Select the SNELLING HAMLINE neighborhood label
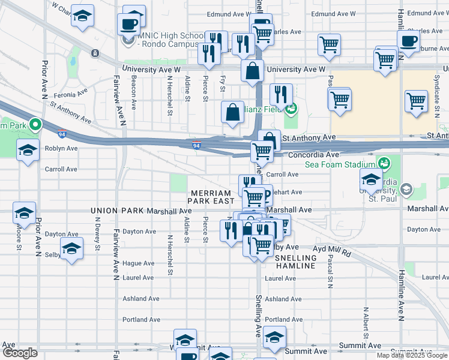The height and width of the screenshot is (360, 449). [x=295, y=261]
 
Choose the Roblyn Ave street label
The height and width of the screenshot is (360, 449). [x=61, y=148]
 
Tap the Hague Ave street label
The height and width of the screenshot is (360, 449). [x=138, y=263]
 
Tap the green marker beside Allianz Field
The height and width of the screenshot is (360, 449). [x=291, y=109]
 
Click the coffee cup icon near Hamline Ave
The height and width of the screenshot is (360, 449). [x=409, y=42]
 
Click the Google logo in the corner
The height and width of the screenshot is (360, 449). [x=20, y=353]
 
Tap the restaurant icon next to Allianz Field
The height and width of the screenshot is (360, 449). [x=280, y=94]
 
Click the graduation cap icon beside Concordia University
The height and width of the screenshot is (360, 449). [x=371, y=179]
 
